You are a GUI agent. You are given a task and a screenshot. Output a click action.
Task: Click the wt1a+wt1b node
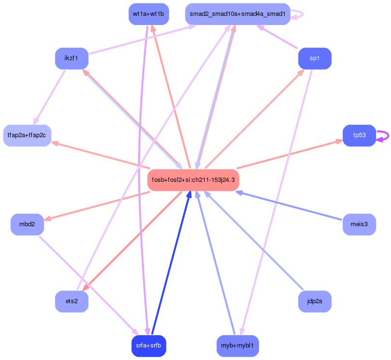coord(148,14)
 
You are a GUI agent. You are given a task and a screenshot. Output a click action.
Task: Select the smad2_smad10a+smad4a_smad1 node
coord(237,14)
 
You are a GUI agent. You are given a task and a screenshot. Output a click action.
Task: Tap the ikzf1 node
coord(72,58)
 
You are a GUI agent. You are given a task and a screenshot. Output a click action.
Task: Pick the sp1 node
coord(314,58)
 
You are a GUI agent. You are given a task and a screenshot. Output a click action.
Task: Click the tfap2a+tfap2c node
coord(27,135)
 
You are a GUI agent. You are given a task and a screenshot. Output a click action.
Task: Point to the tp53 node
coord(359,135)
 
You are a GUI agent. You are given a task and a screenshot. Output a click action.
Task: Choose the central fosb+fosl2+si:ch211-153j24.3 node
coord(193,180)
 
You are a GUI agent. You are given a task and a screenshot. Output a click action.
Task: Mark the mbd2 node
coord(27,225)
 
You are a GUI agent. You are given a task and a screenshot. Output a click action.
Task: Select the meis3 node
coord(359,224)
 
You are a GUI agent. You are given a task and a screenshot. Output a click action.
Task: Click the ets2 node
coord(72,301)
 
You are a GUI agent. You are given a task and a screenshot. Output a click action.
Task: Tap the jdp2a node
coord(314,301)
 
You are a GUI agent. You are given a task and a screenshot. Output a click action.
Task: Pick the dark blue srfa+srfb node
coord(148,346)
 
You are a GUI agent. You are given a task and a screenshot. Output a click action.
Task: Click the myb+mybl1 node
coord(237,346)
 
